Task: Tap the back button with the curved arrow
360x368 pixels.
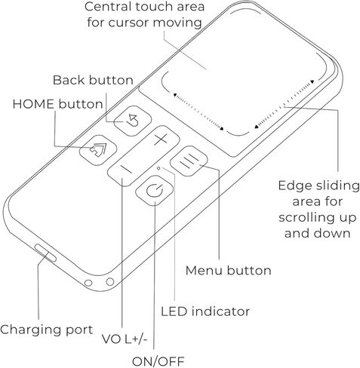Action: point(133,121)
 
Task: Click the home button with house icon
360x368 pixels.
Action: point(98,150)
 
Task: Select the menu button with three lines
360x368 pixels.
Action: point(189,161)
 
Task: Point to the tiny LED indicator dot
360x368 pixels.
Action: point(158,168)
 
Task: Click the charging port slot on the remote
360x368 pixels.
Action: point(45,253)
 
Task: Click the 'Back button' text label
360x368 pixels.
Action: point(93,81)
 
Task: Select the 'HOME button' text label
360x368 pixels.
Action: point(58,104)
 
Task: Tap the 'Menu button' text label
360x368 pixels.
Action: point(229,271)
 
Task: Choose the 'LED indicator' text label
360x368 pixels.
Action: point(205,311)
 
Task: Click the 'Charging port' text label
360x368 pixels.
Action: point(47,330)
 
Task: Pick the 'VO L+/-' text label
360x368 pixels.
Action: point(125,339)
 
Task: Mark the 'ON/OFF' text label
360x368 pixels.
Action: point(158,362)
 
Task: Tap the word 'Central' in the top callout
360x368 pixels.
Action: point(108,7)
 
